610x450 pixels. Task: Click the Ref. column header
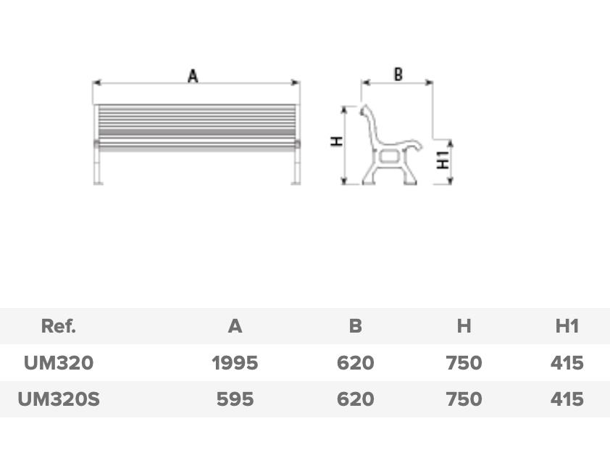tap(59, 326)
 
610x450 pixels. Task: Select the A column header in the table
tap(235, 326)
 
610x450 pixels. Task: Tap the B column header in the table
tap(355, 326)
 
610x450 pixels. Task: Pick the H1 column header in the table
tap(567, 326)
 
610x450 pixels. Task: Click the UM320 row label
tap(59, 363)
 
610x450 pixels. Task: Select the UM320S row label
tap(59, 399)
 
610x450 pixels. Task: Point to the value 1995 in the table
tap(235, 363)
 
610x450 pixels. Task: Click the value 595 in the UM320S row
tap(235, 399)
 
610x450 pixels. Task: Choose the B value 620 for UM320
tap(355, 363)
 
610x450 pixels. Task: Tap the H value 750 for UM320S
tap(464, 399)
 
